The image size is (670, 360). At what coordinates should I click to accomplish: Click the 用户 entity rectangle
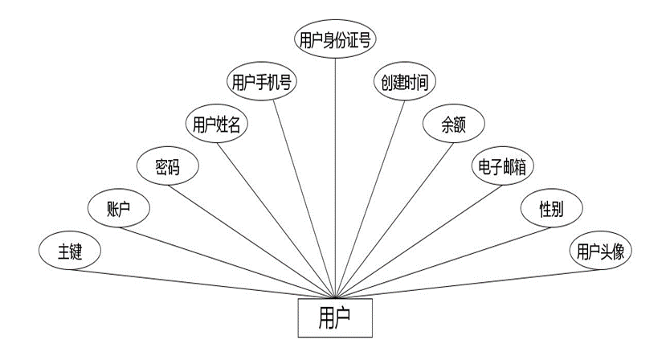tap(334, 316)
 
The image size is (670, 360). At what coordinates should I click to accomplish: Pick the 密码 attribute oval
tap(166, 167)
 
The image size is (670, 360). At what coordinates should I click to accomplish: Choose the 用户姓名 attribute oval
tap(216, 125)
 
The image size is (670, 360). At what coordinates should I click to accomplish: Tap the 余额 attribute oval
tap(453, 125)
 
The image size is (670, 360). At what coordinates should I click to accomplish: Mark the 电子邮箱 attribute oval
tap(502, 166)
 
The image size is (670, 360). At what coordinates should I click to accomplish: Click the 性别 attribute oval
tap(551, 209)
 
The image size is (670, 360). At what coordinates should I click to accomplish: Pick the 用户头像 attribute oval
tap(599, 252)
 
